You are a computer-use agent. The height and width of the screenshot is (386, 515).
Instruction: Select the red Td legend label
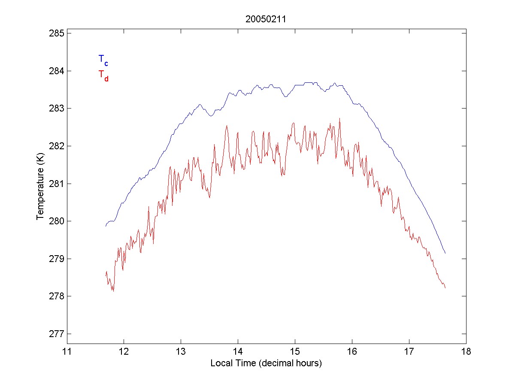coord(103,75)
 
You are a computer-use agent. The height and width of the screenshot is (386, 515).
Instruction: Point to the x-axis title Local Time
coord(266,363)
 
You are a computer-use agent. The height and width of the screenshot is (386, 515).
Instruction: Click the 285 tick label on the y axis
coord(56,33)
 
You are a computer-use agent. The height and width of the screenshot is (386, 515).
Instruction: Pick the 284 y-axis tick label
coord(56,71)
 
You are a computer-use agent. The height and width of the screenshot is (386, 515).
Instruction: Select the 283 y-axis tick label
coord(56,108)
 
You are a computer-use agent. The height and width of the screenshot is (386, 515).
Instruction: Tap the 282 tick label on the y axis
coord(56,146)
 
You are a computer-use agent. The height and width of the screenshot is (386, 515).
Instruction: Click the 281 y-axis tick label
coord(56,184)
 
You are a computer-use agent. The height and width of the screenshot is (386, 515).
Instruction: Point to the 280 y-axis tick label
coord(56,221)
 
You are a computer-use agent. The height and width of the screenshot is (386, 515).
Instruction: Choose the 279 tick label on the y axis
coord(56,259)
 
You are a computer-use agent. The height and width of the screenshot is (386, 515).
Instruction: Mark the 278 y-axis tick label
coord(56,296)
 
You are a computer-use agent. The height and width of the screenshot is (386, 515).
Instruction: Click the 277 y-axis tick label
coord(56,334)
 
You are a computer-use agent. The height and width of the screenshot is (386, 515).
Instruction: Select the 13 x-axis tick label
coord(181,352)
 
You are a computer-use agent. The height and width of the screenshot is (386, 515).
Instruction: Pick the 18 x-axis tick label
coord(466,352)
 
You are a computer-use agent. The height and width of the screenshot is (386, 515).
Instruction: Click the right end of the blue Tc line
coord(445,253)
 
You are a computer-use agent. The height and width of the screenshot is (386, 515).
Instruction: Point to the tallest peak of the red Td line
coord(339,118)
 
